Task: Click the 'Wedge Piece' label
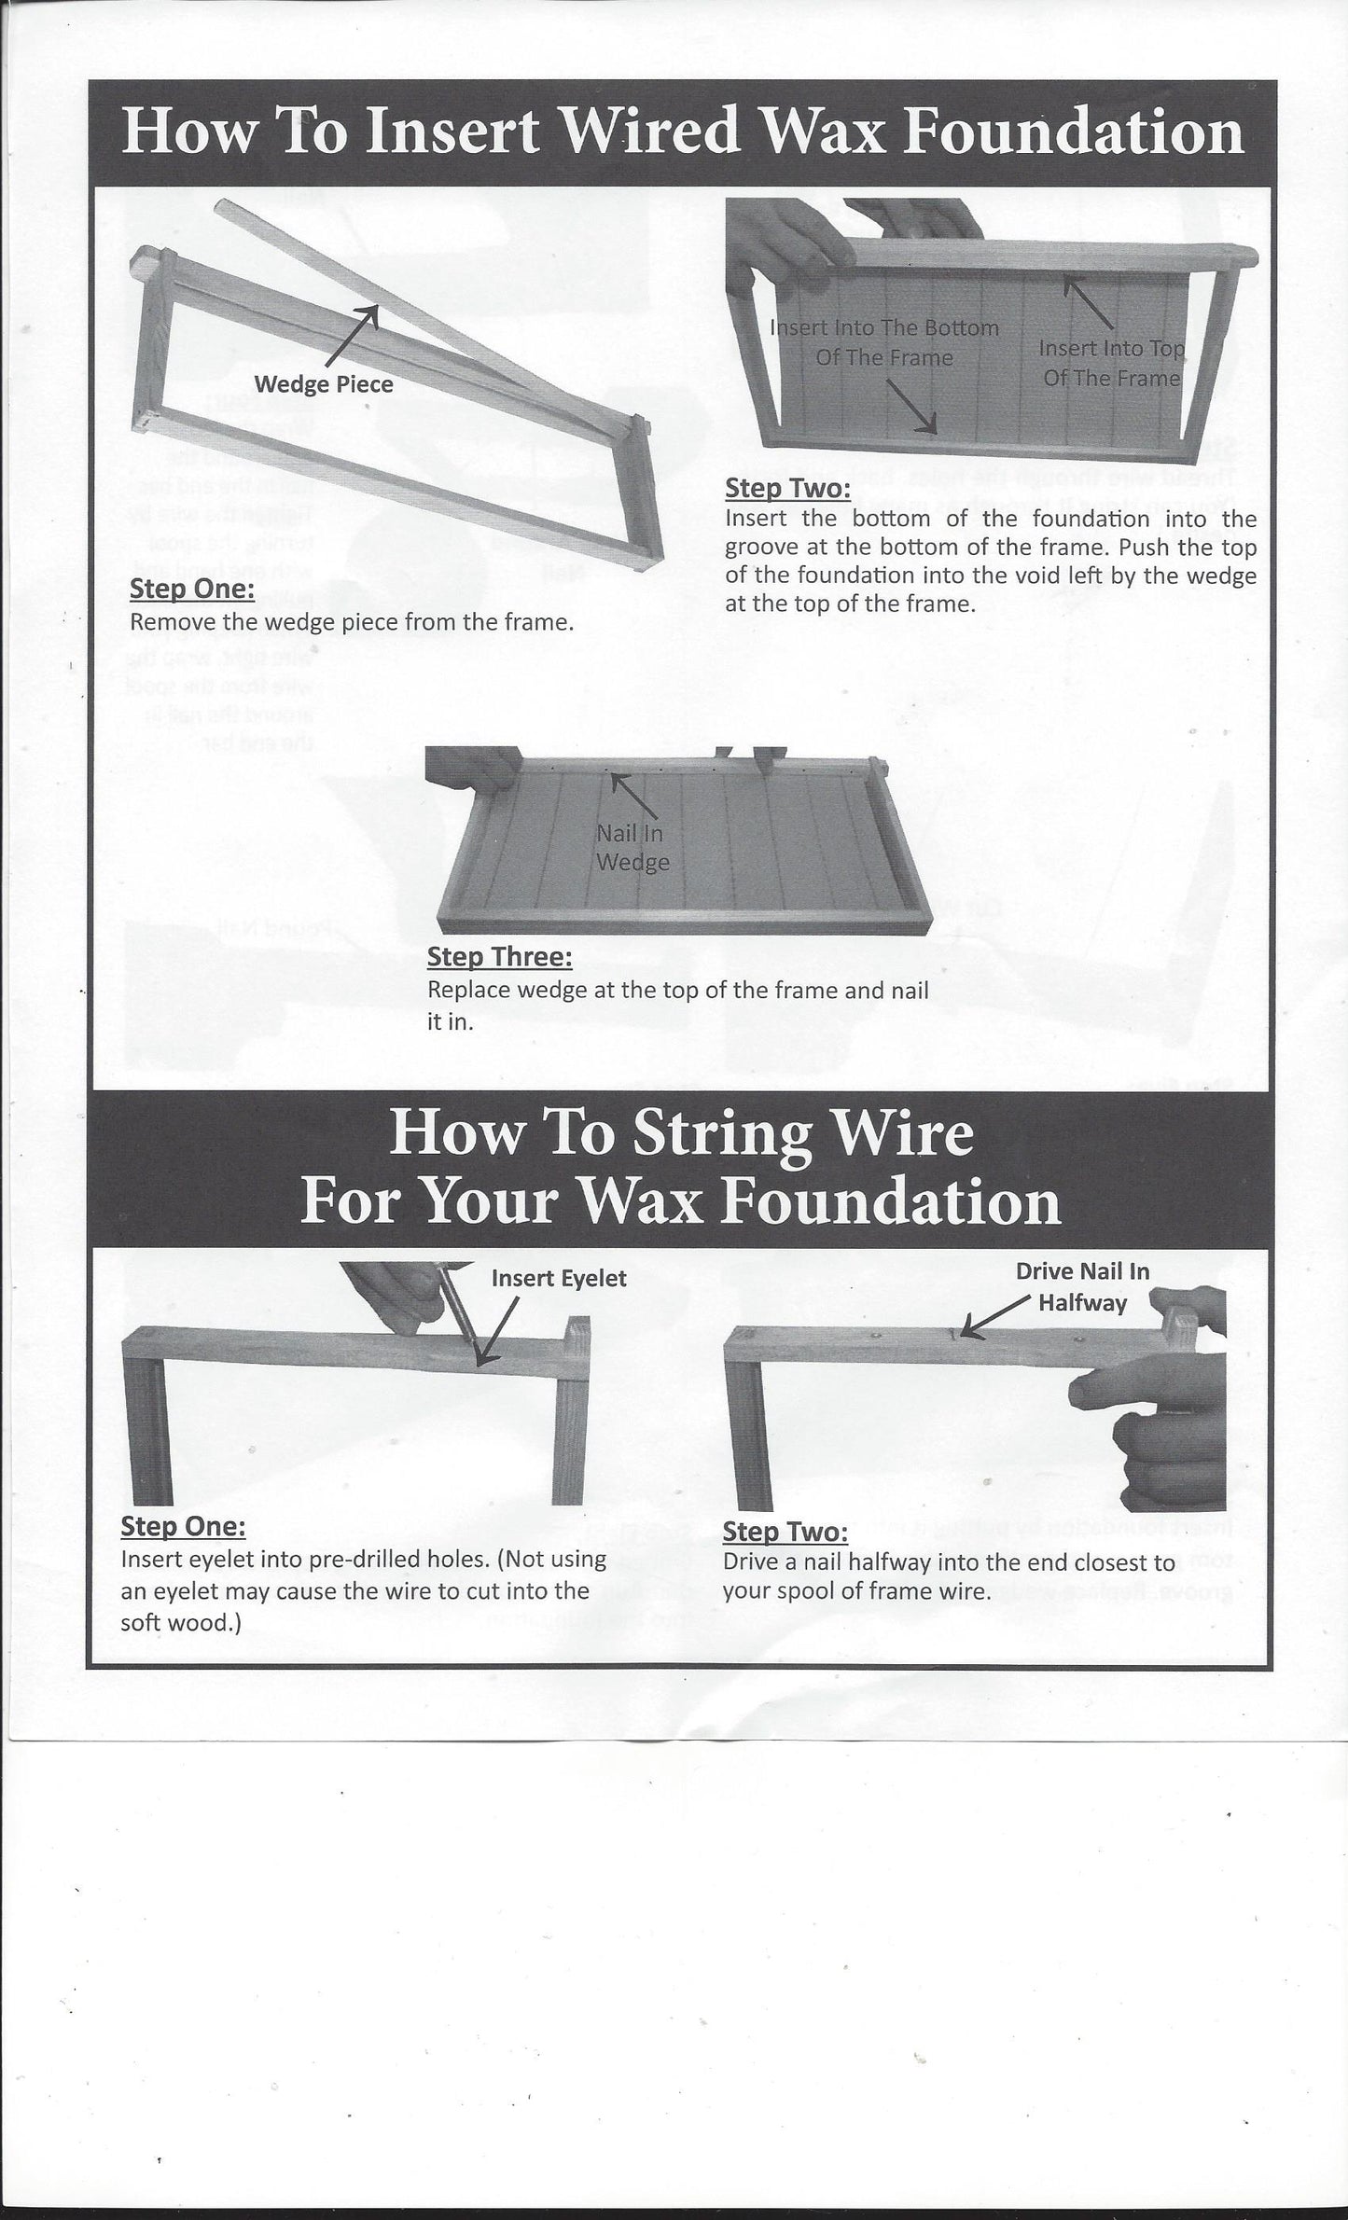324,383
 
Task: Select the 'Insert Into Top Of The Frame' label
1110,363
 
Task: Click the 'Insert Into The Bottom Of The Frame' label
883,342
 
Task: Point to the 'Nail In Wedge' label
632,848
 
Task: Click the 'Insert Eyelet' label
559,1278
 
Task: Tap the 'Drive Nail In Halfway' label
1082,1286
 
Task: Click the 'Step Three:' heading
499,957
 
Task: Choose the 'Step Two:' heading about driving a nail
785,1532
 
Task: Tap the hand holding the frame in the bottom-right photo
1166,1436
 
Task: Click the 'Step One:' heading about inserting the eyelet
183,1527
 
